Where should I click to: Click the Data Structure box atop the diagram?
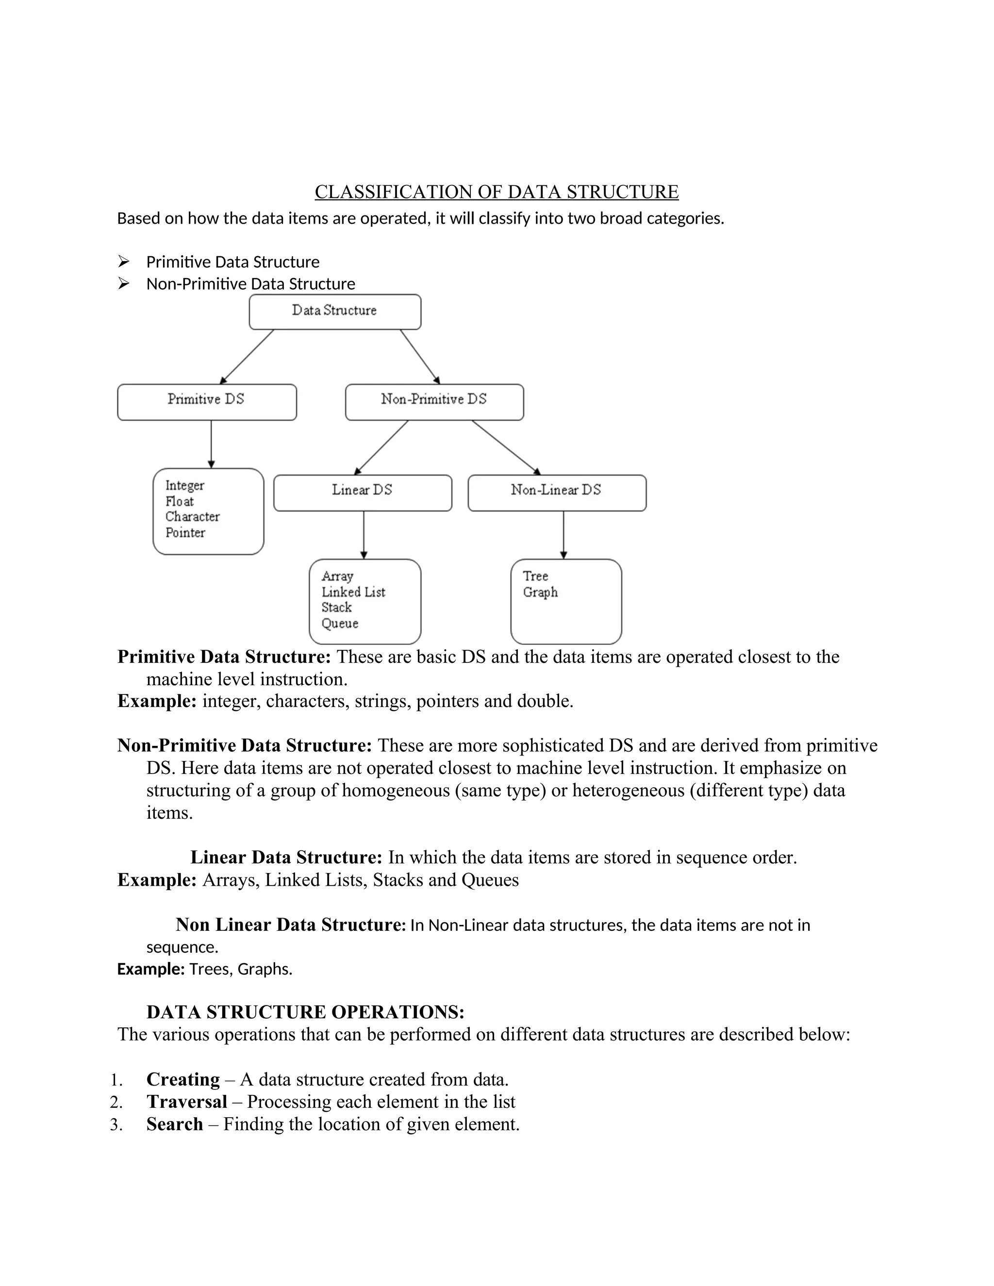(x=334, y=312)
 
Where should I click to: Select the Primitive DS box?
(x=207, y=402)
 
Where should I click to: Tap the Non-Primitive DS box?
(x=434, y=402)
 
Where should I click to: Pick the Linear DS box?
(x=362, y=492)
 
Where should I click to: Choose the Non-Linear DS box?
(x=557, y=492)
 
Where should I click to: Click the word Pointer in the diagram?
(x=185, y=533)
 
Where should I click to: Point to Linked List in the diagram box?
(x=353, y=593)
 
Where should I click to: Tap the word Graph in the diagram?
(x=540, y=593)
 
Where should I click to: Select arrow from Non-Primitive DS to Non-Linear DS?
(x=505, y=447)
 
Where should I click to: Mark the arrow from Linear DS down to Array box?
(x=364, y=535)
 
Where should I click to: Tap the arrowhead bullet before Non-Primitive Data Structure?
(x=123, y=284)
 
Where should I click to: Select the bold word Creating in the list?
(x=182, y=1079)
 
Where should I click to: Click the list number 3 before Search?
(x=116, y=1125)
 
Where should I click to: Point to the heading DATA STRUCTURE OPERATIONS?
(x=305, y=1012)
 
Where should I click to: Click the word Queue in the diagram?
(x=340, y=624)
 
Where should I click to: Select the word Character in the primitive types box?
(x=192, y=517)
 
